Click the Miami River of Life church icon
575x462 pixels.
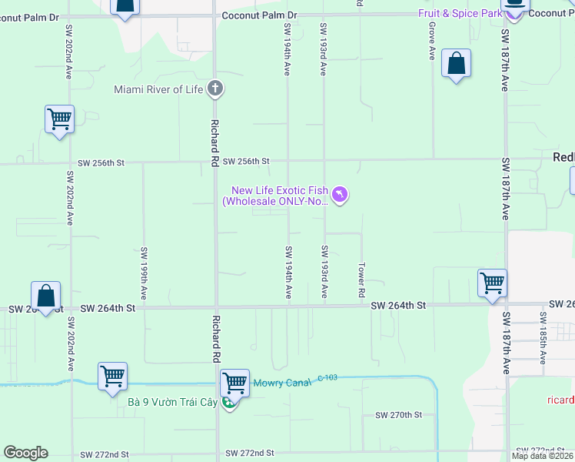215,89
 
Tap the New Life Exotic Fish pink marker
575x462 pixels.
340,196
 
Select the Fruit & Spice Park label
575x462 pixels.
459,14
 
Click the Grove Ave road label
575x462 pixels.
432,43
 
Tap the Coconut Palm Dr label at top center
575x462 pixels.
259,15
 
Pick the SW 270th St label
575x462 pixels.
399,415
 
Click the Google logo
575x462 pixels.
26,453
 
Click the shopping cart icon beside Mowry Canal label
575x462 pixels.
234,382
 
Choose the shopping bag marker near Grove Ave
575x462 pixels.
457,65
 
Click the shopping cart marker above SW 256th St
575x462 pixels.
59,120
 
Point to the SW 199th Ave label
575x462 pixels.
144,273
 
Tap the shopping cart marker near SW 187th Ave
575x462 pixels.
492,283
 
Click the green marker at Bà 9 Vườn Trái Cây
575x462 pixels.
228,402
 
